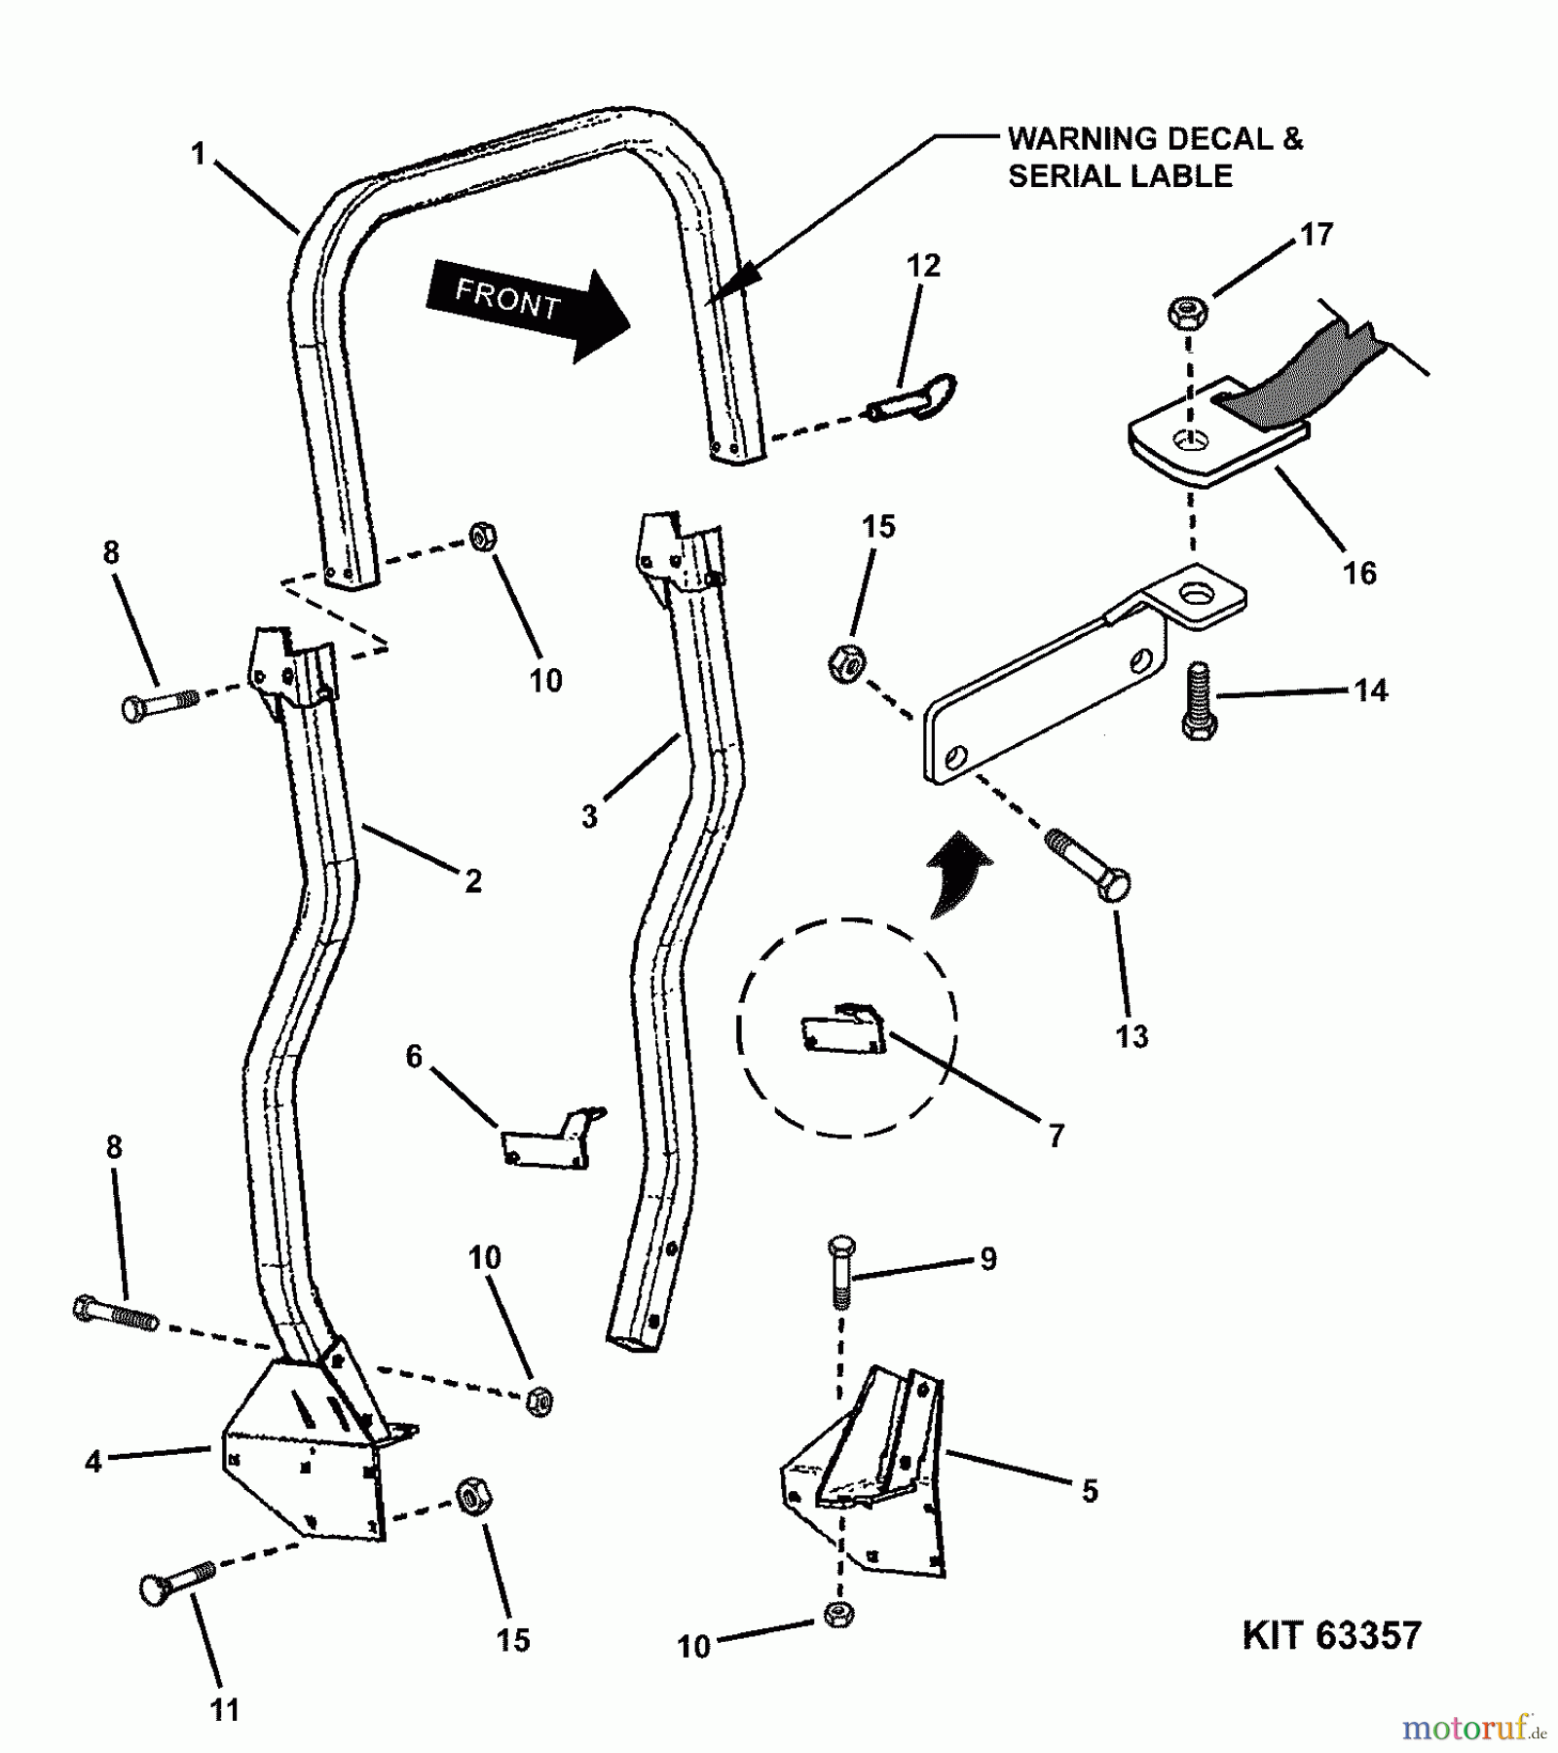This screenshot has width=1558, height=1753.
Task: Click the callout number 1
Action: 199,154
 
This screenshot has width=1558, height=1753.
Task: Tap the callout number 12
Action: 923,266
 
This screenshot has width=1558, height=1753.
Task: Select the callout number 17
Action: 1317,235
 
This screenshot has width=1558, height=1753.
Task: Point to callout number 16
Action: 1359,573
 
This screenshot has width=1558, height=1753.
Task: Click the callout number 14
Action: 1370,690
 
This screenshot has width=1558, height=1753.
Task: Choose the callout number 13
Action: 1131,1036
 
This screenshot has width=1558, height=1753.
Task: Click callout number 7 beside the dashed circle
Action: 1057,1135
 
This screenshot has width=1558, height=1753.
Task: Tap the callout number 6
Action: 414,1057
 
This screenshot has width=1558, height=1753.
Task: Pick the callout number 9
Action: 988,1259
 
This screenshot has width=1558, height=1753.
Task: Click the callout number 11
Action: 225,1710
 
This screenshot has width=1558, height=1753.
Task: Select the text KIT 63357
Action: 1331,1635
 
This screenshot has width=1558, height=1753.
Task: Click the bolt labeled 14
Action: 1199,701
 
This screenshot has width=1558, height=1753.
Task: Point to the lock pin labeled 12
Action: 915,399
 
